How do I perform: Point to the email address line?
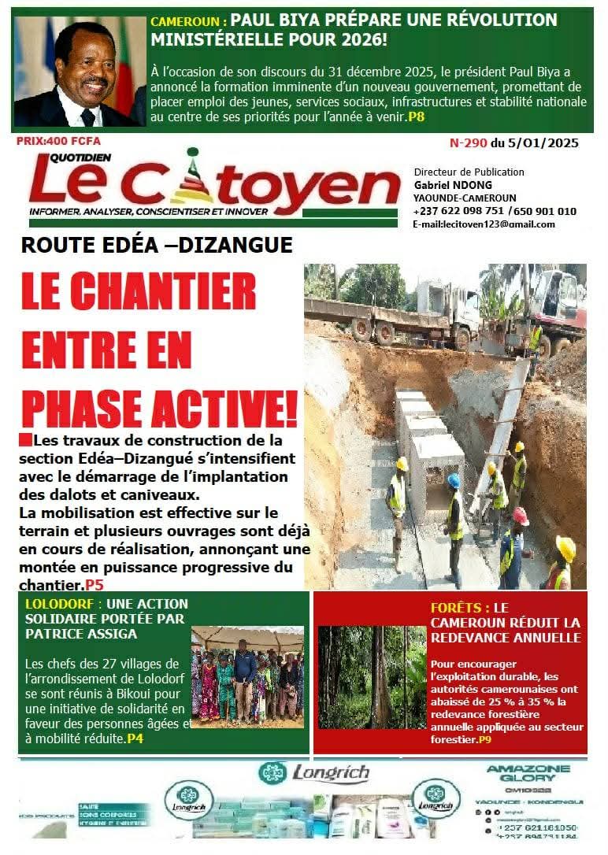[483, 224]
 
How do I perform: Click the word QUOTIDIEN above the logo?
[58, 155]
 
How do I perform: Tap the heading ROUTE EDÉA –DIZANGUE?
[157, 245]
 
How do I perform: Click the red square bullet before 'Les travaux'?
[25, 439]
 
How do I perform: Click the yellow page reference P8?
[416, 117]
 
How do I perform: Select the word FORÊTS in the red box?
[459, 608]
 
